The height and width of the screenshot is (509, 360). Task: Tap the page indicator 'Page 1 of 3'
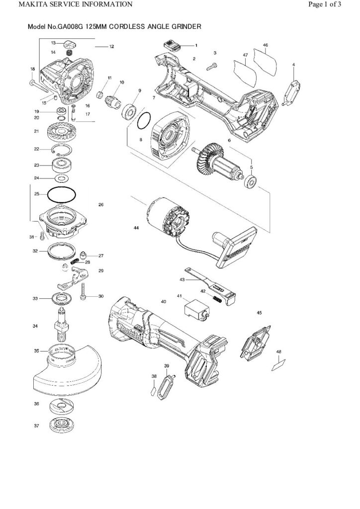click(x=324, y=5)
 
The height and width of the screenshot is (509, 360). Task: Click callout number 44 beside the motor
click(x=136, y=228)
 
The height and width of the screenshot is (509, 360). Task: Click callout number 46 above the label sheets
click(x=265, y=45)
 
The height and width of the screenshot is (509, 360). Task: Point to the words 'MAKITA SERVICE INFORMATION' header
click(x=69, y=5)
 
